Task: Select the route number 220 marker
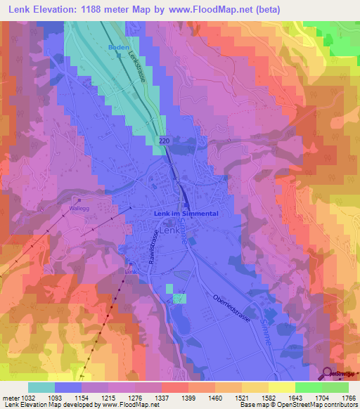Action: click(164, 141)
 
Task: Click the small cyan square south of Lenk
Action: click(180, 299)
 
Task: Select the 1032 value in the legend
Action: click(29, 397)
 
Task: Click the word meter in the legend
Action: click(10, 397)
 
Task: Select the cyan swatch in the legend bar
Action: click(41, 387)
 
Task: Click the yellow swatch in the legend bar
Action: click(281, 387)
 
